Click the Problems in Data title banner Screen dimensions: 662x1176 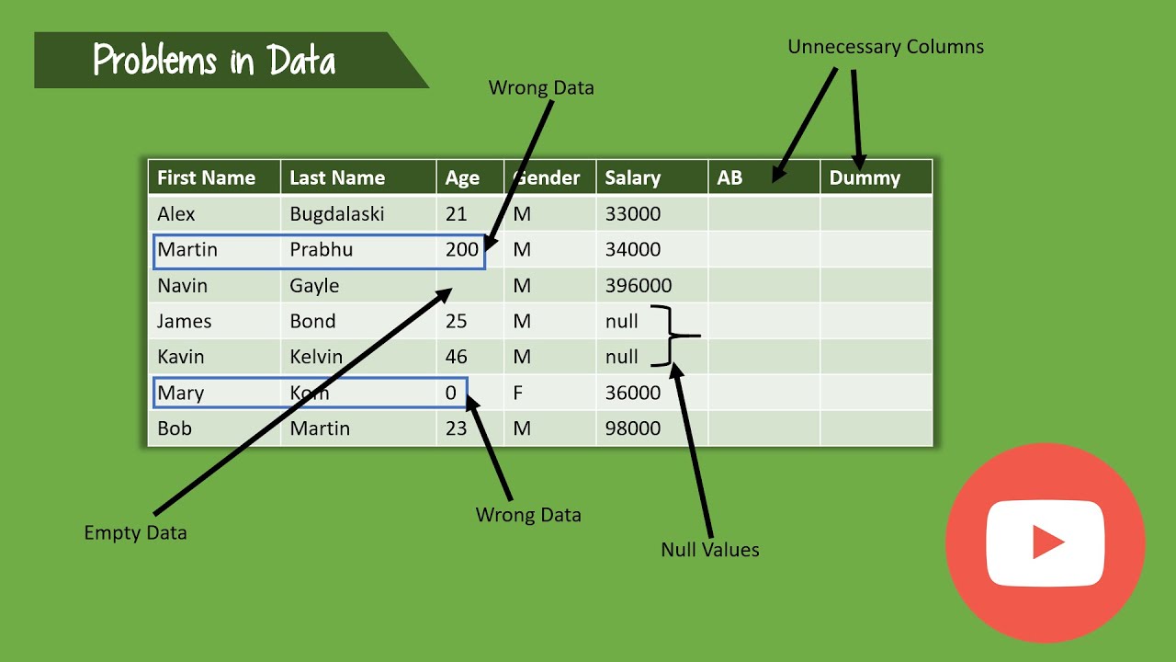214,61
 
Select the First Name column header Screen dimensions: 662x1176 206,177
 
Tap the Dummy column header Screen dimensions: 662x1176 865,177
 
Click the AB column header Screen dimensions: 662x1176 729,177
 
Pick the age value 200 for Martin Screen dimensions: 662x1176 462,249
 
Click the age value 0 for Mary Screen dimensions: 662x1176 451,393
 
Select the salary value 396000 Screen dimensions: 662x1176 638,285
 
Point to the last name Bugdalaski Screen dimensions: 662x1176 337,214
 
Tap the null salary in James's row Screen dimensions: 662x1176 622,321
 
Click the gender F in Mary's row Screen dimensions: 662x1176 518,393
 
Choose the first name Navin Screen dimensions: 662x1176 182,285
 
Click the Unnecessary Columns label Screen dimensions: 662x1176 886,47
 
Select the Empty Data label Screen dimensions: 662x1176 135,532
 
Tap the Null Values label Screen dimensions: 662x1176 710,550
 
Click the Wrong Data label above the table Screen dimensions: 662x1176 541,88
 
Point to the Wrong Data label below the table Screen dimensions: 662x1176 528,515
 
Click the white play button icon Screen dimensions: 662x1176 1045,542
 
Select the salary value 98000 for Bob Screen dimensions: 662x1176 632,428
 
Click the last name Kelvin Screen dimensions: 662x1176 316,357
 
